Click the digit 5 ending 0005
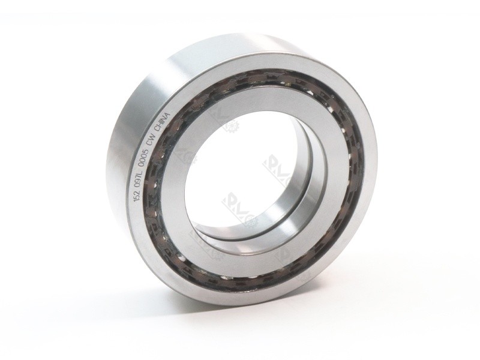click(x=156, y=149)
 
